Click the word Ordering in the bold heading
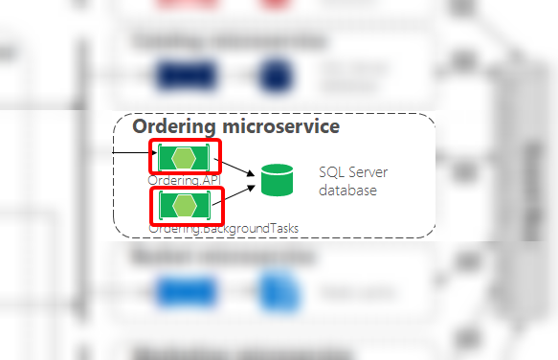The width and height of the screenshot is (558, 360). click(x=172, y=125)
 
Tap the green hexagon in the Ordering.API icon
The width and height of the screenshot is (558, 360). click(x=184, y=157)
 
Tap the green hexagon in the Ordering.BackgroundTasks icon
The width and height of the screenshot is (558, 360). click(x=184, y=204)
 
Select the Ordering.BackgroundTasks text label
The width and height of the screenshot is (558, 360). click(x=224, y=228)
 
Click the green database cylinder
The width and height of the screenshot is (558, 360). click(x=277, y=179)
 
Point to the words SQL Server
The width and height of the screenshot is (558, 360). click(x=348, y=172)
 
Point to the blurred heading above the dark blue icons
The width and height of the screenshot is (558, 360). click(x=229, y=40)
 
